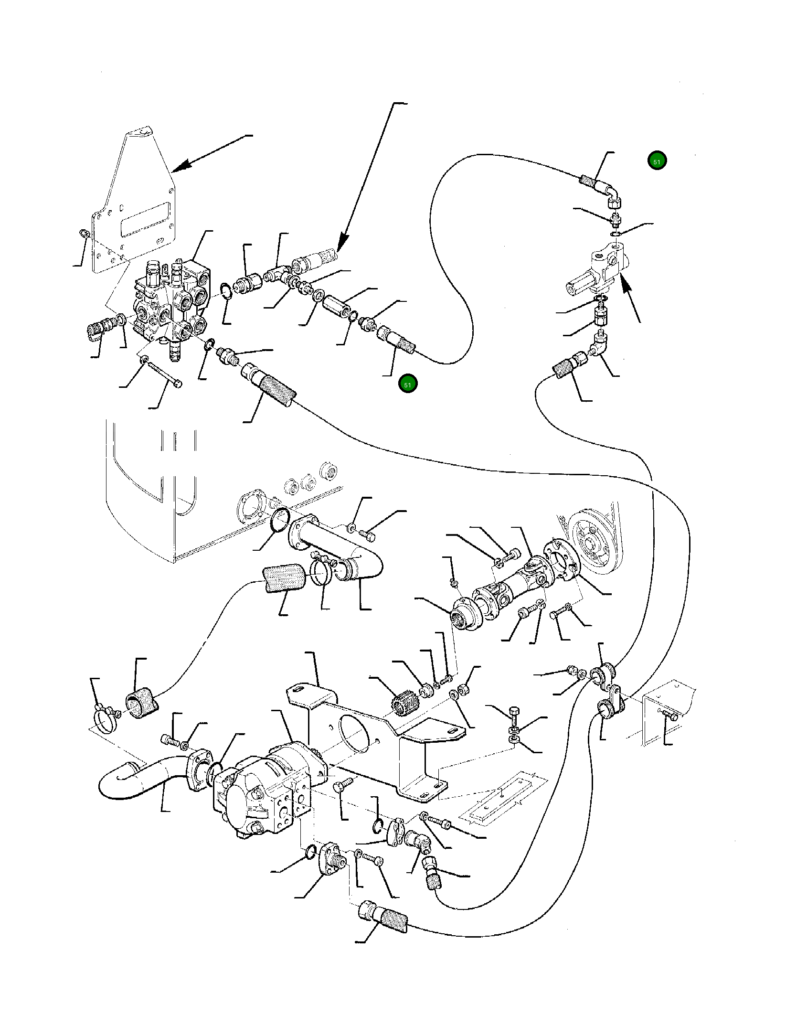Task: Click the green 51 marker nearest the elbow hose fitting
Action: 657,161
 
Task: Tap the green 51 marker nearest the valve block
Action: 407,384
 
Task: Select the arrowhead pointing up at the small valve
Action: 626,287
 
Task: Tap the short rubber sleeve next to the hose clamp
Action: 141,705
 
